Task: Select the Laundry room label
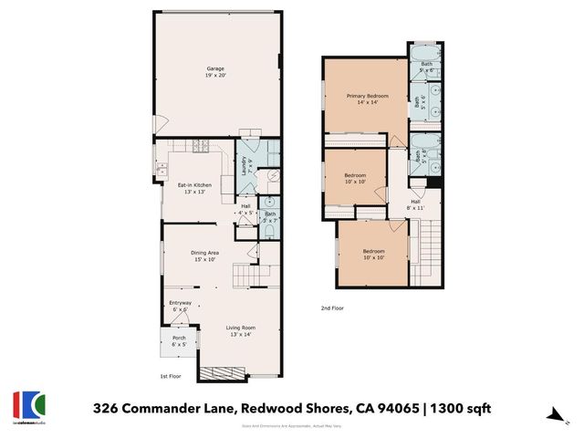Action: (x=245, y=166)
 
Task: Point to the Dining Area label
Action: (x=204, y=255)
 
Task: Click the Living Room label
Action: (x=241, y=330)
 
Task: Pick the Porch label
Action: (x=179, y=340)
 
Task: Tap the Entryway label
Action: (x=180, y=307)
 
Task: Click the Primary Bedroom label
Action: (x=367, y=99)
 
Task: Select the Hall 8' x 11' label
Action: (x=415, y=204)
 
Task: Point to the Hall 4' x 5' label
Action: (x=245, y=209)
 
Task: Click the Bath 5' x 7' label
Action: (x=270, y=217)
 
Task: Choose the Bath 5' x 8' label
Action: (x=418, y=155)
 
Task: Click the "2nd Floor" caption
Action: (x=332, y=308)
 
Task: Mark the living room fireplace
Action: (x=223, y=372)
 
